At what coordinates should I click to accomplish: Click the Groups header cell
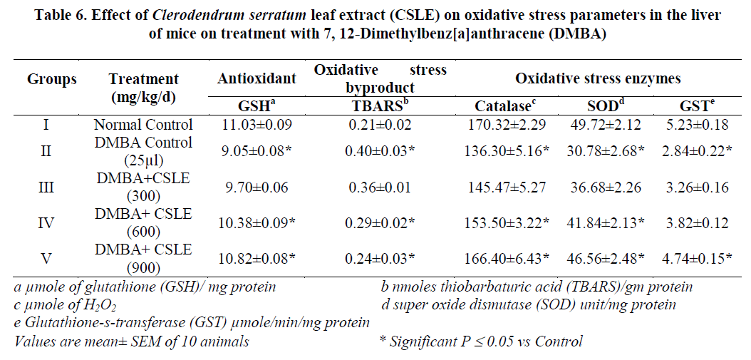(x=52, y=79)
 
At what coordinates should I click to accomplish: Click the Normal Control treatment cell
(x=143, y=125)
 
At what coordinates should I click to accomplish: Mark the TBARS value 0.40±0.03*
(x=379, y=151)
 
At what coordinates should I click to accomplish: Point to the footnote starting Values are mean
(x=132, y=341)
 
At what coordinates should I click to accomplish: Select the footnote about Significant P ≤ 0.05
(x=482, y=341)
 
